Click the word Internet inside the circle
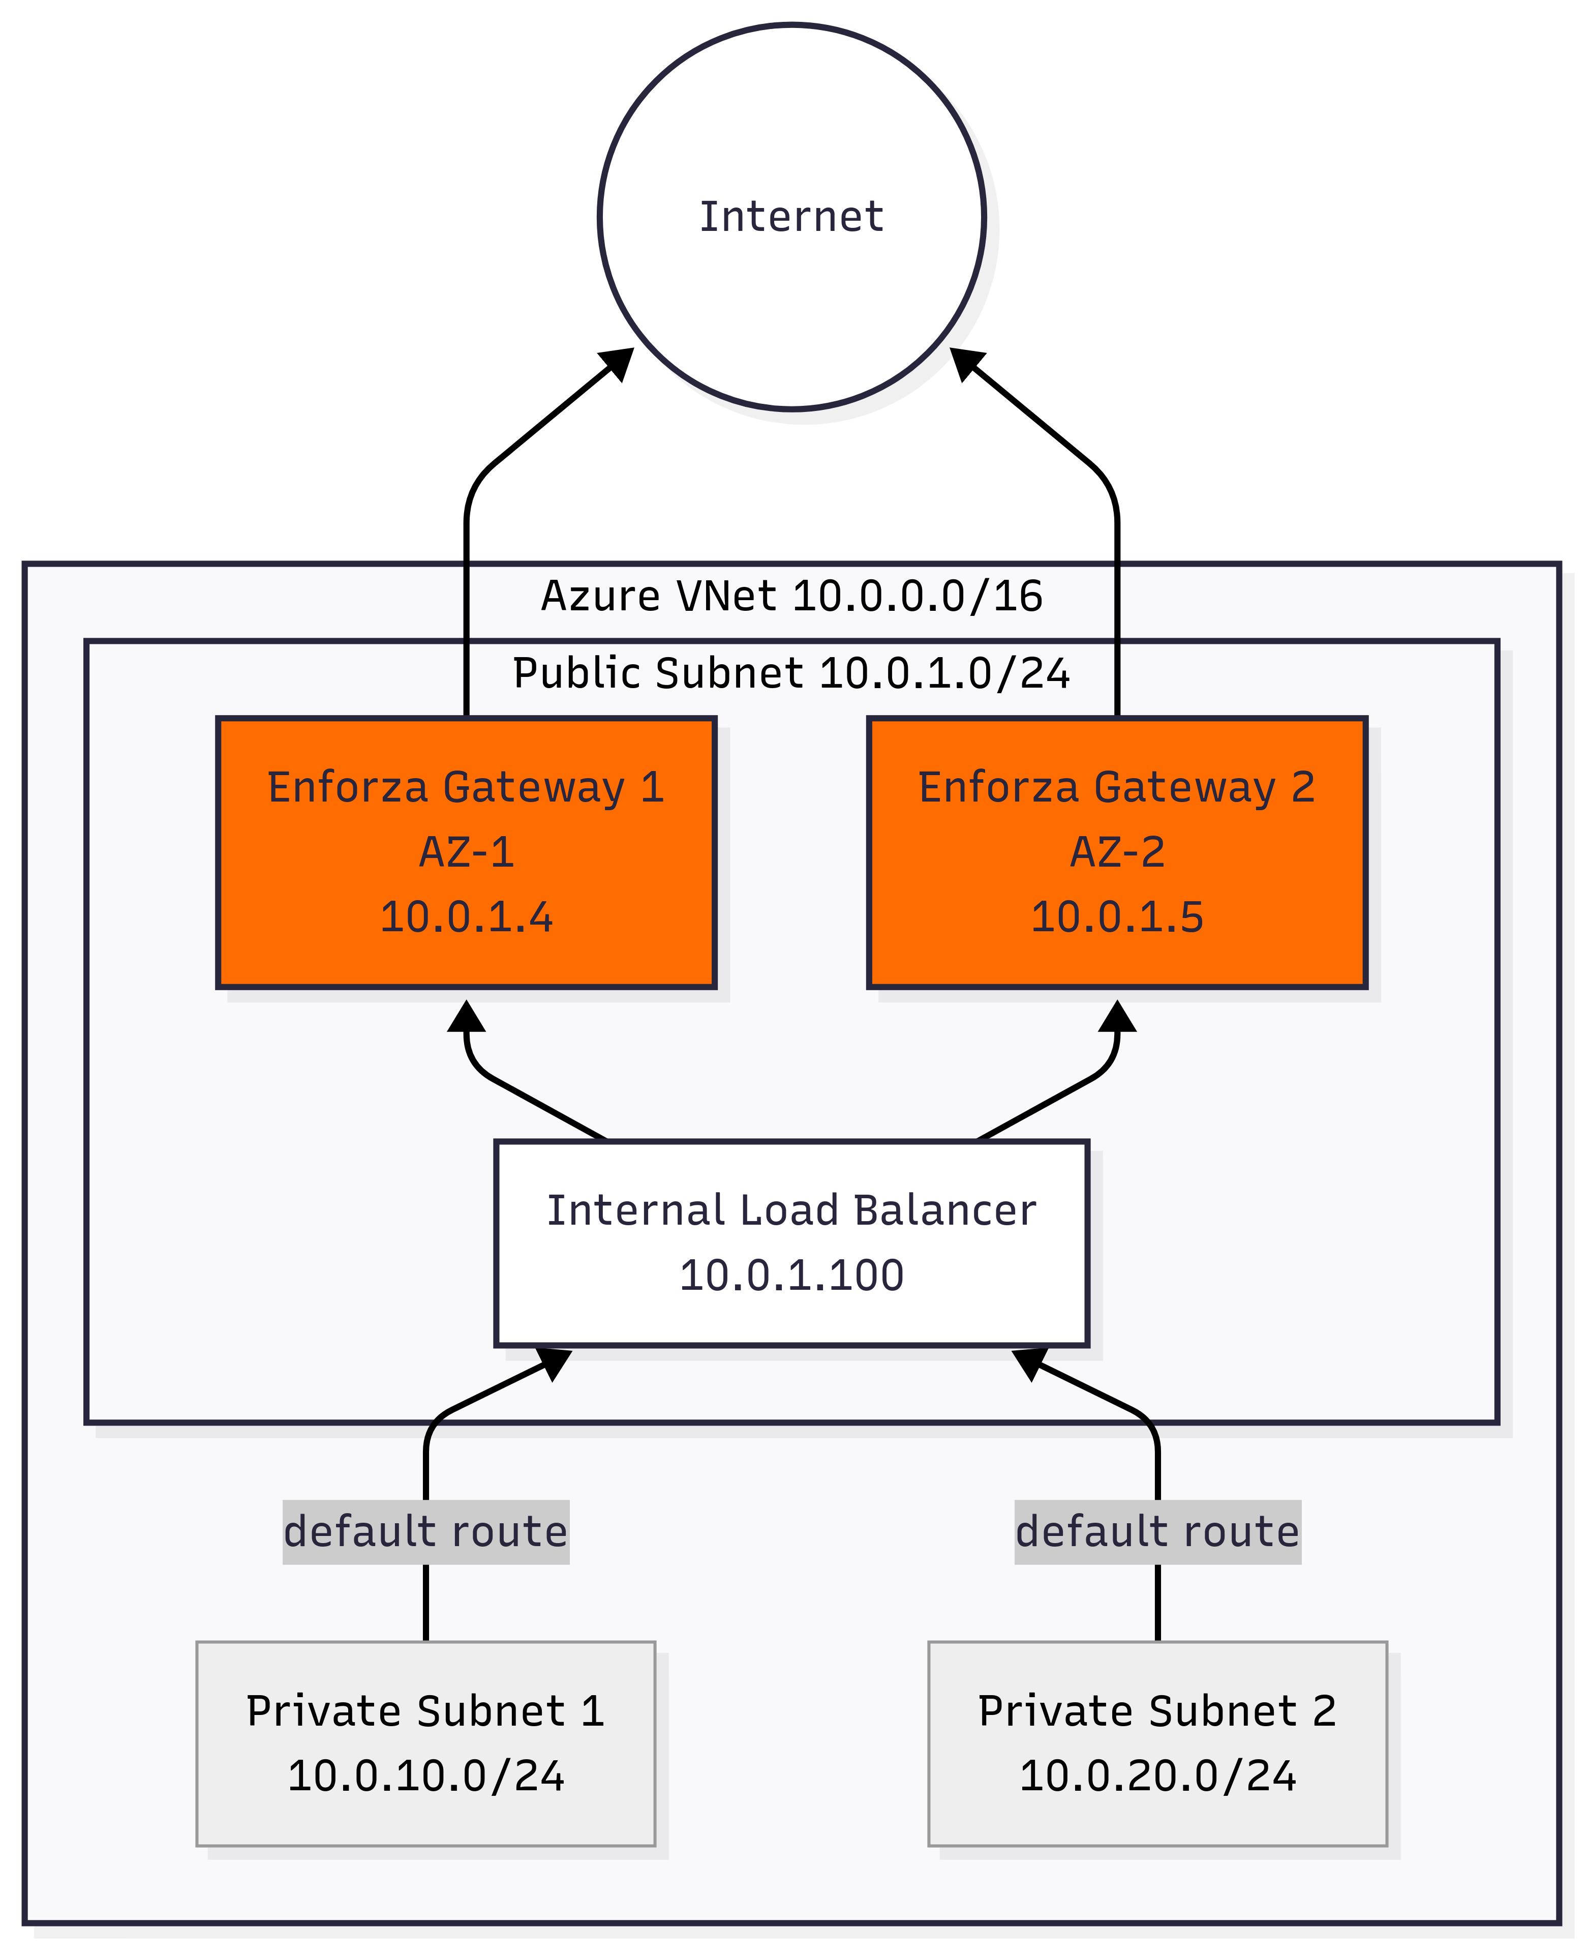pos(791,217)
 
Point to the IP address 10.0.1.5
pos(1117,917)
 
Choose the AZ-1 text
pos(467,852)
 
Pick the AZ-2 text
pos(1117,852)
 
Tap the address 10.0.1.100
pos(791,1276)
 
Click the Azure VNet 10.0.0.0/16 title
pos(791,596)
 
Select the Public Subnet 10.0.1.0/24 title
pos(791,673)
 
